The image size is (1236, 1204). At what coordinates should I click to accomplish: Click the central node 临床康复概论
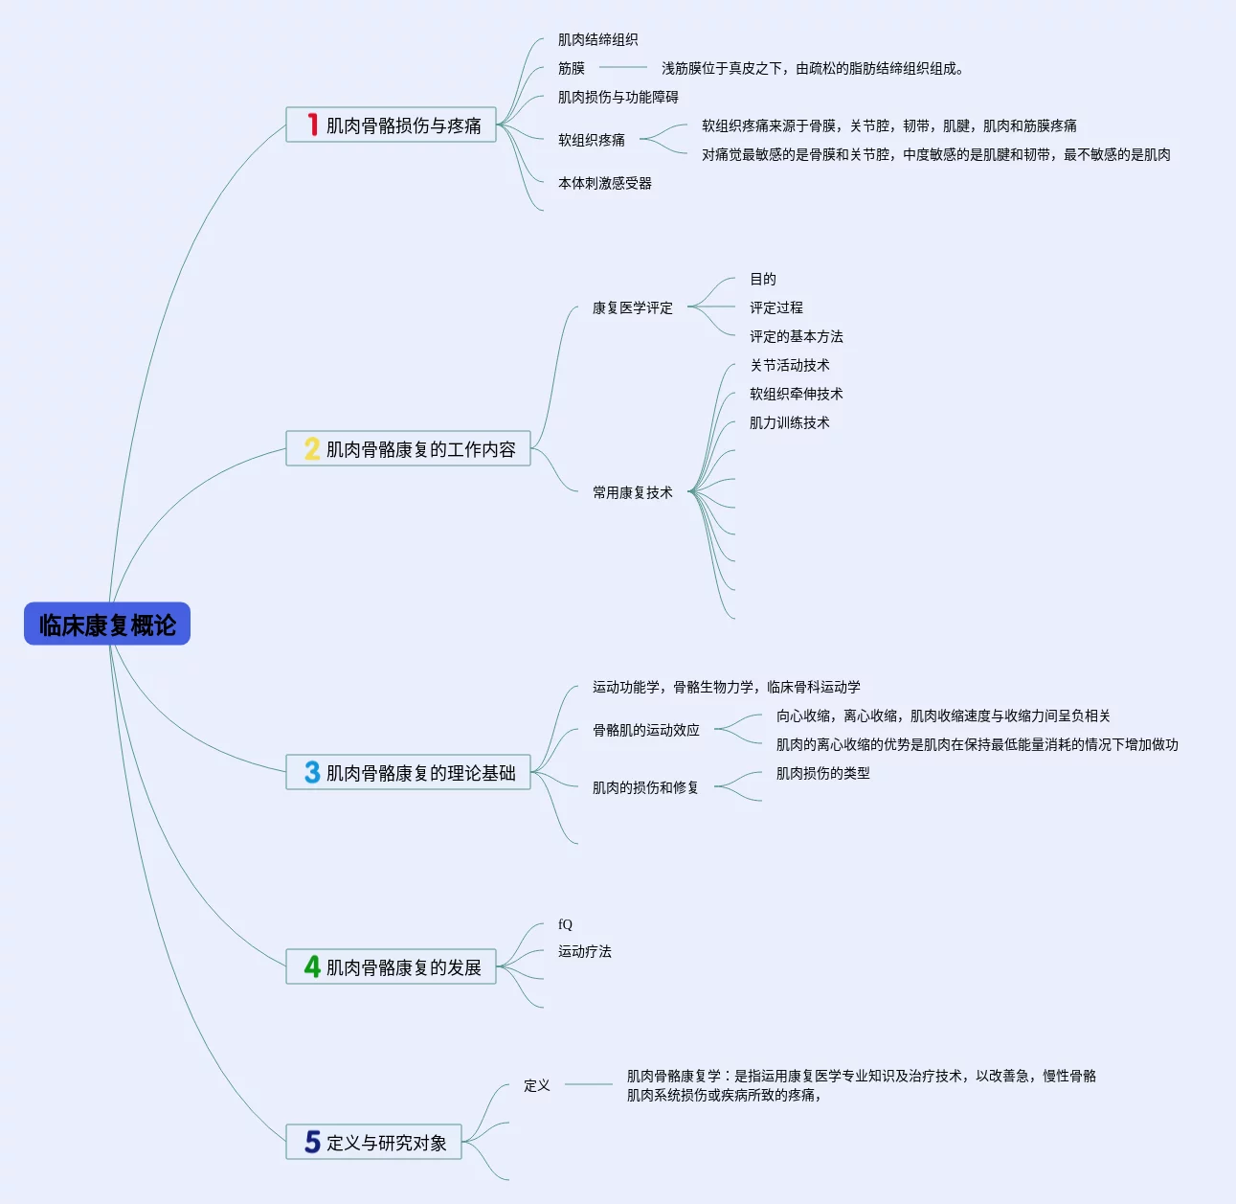[107, 625]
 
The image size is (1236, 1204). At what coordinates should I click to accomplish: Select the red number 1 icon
[312, 125]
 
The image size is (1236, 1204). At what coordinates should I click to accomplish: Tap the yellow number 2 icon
[312, 448]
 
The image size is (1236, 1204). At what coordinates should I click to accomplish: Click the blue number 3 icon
[312, 772]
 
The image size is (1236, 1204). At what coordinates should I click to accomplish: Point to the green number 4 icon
[312, 966]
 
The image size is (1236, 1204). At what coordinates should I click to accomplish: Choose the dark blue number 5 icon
[312, 1142]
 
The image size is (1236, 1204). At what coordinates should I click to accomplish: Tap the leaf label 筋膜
[572, 68]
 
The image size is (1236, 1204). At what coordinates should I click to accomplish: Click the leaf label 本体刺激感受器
[605, 183]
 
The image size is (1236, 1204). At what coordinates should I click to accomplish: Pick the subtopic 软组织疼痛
[592, 140]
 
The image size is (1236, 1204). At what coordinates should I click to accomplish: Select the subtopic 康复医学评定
[633, 307]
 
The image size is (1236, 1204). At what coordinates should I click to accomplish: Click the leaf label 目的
[763, 279]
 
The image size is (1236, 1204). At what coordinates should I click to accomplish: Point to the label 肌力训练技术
[790, 422]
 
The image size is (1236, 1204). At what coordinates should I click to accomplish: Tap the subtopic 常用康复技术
[633, 492]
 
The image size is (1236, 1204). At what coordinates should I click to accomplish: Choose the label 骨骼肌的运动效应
[646, 730]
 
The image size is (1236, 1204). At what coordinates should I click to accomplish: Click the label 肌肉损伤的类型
[823, 773]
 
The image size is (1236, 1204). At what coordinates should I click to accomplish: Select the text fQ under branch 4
[565, 924]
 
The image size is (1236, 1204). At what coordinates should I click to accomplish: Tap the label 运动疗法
[585, 951]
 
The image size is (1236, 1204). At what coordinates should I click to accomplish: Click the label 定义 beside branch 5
[537, 1085]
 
